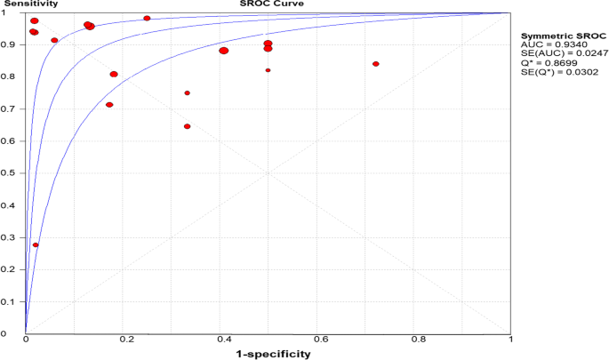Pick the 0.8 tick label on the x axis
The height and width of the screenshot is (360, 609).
[x=413, y=340]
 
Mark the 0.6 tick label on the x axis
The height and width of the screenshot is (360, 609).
[x=316, y=340]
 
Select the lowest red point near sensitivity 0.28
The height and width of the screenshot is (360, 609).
[x=36, y=245]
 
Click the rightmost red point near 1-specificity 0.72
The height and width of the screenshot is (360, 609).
[x=376, y=64]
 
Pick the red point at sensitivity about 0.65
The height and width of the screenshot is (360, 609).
[x=187, y=126]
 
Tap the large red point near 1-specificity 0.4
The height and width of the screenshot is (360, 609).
[x=224, y=51]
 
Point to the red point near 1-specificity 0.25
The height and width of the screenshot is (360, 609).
[x=147, y=18]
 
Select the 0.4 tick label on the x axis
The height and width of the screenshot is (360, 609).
[x=219, y=340]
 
